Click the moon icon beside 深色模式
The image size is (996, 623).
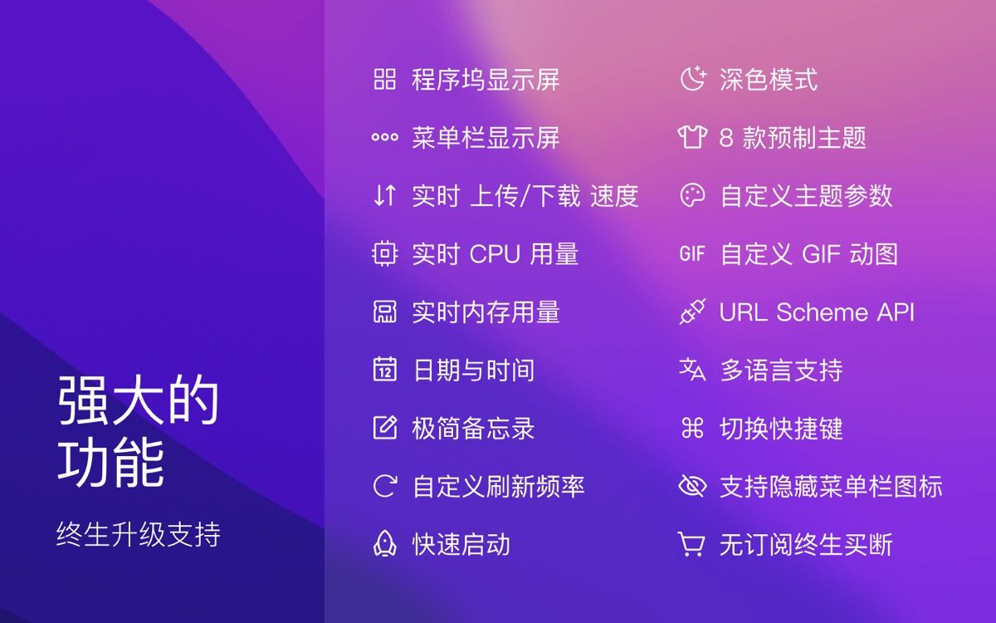(x=692, y=79)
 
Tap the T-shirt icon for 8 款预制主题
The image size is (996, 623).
(x=692, y=137)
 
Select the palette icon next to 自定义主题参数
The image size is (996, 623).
(x=692, y=195)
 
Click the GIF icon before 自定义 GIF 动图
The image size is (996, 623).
(x=692, y=253)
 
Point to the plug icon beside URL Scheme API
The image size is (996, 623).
(x=692, y=312)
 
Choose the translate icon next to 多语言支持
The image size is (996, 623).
(x=692, y=370)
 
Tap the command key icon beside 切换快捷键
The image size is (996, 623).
(x=692, y=429)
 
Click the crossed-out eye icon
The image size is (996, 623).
(x=692, y=487)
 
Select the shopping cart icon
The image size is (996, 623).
(x=692, y=545)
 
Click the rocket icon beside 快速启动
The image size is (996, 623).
(x=384, y=545)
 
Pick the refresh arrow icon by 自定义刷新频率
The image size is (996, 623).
(x=384, y=487)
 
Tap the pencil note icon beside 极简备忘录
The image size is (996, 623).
(x=384, y=429)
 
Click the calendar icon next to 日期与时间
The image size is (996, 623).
(x=384, y=370)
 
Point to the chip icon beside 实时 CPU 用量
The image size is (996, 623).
(x=384, y=253)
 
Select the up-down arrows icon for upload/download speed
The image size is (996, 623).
(x=384, y=195)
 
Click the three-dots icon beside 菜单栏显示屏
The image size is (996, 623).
(x=384, y=138)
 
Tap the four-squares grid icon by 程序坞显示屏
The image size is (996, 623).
(x=384, y=80)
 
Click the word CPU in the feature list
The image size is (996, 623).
(x=495, y=254)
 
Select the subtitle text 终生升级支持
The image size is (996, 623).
(x=139, y=534)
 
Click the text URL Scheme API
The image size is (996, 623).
(x=817, y=312)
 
